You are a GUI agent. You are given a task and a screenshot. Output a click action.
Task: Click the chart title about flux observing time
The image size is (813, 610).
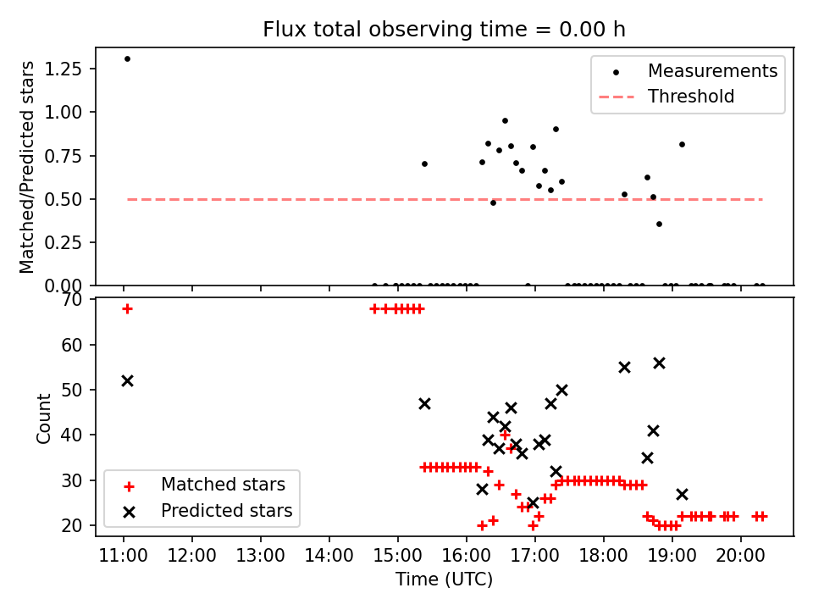coord(444,30)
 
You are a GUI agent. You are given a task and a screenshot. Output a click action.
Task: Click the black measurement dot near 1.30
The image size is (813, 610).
coord(127,58)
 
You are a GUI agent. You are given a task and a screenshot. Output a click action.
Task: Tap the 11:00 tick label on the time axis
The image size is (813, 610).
coord(124,557)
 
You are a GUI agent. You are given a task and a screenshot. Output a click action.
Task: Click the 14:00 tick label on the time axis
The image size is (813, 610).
coord(329,557)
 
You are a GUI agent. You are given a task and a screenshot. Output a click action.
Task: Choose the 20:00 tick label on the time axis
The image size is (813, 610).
coord(741,557)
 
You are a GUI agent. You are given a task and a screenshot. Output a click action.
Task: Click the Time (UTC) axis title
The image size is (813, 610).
coord(444,579)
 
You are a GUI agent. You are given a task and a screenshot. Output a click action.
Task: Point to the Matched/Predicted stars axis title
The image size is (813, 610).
coord(28,167)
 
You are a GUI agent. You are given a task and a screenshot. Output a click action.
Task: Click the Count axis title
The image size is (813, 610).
coord(44,418)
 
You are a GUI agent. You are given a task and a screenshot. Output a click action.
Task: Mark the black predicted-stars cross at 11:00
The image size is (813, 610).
coord(127,380)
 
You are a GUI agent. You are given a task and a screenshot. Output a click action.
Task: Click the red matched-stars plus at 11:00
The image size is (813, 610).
coord(127,308)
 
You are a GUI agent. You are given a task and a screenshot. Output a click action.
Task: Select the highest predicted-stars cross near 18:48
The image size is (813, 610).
coord(659,363)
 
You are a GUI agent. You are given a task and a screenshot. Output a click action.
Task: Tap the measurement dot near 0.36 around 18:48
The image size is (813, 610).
coord(659,224)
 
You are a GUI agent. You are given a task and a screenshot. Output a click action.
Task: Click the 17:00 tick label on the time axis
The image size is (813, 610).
coord(535,557)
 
